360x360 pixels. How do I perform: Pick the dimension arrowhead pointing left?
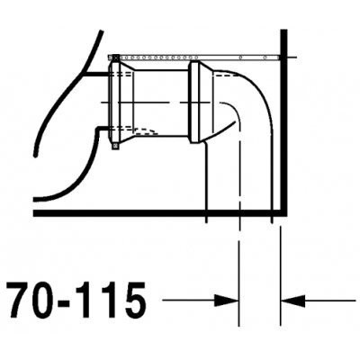[x=292, y=300]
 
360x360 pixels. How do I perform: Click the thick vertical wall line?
[x=283, y=122]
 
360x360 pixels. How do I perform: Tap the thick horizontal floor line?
[x=158, y=213]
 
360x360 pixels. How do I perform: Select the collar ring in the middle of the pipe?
[x=196, y=103]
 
